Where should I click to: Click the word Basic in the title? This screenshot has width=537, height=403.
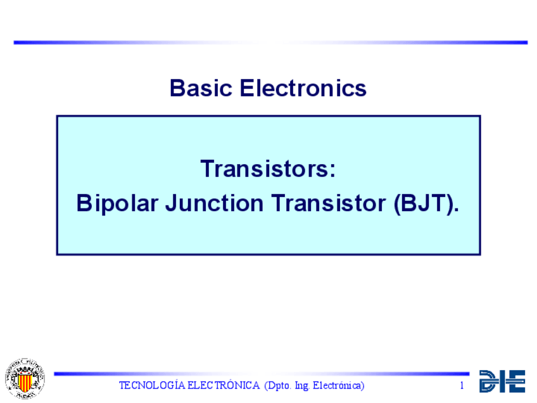pos(201,88)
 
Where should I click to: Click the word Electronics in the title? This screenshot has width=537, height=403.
pos(303,88)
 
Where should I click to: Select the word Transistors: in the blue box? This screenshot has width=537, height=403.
pos(268,169)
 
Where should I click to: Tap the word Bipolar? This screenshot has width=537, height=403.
pos(117,203)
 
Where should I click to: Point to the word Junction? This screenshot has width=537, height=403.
pos(215,203)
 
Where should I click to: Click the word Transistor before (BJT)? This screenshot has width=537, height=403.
pos(329,203)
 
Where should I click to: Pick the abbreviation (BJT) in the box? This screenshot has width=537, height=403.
pos(426,203)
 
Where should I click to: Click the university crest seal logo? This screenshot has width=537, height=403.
pos(25,379)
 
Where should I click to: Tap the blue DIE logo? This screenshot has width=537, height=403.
pos(502,381)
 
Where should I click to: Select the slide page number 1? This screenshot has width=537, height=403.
pos(462,385)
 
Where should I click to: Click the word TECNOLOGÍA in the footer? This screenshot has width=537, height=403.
pos(152,385)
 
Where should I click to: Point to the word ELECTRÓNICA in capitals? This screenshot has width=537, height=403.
pos(224,385)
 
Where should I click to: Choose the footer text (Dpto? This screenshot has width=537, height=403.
pos(278,386)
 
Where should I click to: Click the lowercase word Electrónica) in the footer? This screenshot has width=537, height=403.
pos(338,385)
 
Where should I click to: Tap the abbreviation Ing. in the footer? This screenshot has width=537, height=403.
pos(302,386)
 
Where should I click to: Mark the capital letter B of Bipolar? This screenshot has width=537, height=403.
pos(84,203)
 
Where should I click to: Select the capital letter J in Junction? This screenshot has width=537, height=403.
pos(172,203)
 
